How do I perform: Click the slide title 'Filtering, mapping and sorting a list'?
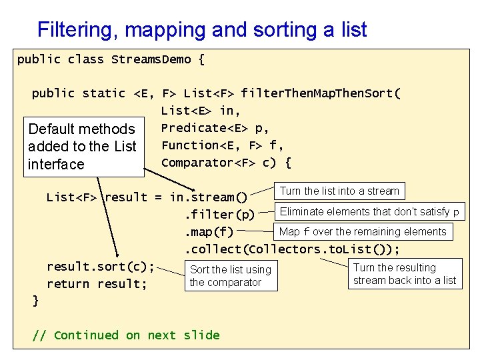click(x=202, y=30)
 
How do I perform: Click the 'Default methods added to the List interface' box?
click(x=83, y=147)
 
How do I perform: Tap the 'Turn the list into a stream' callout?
click(x=339, y=191)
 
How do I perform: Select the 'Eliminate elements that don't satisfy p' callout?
click(x=369, y=212)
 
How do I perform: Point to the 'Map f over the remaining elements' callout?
click(x=363, y=232)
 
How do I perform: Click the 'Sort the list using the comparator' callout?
click(x=230, y=276)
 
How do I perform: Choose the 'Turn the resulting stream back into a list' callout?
click(x=404, y=274)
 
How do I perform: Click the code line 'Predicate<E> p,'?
click(x=215, y=128)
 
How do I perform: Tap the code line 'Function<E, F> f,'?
click(x=222, y=145)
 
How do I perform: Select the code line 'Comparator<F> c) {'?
click(x=226, y=163)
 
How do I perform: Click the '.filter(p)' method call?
click(x=219, y=215)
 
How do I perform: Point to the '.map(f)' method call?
click(x=209, y=232)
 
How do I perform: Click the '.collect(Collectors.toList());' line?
click(x=292, y=249)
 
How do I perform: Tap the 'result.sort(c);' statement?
click(x=100, y=267)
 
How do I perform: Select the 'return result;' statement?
click(x=97, y=284)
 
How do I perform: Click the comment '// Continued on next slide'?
click(x=126, y=335)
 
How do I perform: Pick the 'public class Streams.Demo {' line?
click(x=111, y=59)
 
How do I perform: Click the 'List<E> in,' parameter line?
click(x=201, y=111)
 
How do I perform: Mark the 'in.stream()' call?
click(x=209, y=197)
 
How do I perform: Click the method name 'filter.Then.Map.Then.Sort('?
click(x=321, y=93)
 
